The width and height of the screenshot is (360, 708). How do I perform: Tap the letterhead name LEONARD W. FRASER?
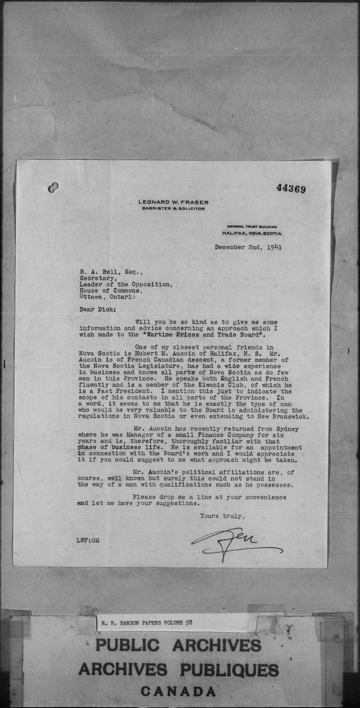pos(173,202)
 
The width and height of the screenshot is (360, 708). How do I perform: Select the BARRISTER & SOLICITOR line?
pos(173,209)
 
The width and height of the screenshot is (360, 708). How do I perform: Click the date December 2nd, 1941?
pos(248,247)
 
